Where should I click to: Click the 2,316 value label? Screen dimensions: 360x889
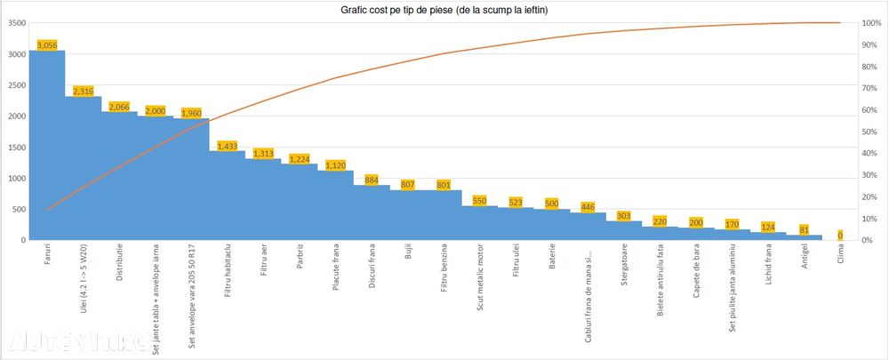[x=84, y=91]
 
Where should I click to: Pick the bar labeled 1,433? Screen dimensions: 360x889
[x=228, y=196]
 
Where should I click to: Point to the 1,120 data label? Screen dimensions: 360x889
[x=336, y=164]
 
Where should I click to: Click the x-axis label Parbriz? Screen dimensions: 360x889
[x=300, y=259]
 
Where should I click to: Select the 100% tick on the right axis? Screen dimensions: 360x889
[x=872, y=23]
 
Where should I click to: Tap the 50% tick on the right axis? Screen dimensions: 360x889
[x=872, y=132]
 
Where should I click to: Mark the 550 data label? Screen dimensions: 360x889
[x=480, y=201]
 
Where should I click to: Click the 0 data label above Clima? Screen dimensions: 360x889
[x=840, y=236]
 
